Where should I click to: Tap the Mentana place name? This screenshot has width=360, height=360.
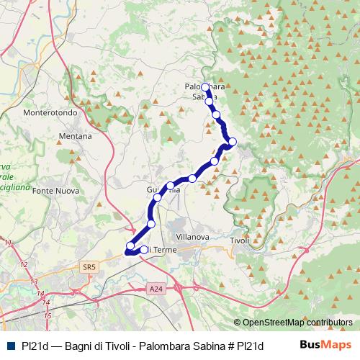[x=76, y=135]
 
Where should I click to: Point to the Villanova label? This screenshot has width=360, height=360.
[x=192, y=235]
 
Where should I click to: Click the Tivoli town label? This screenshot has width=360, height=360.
[x=239, y=240]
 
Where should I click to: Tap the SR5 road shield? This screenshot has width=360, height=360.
[x=89, y=267]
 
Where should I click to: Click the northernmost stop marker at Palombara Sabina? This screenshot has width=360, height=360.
[x=204, y=87]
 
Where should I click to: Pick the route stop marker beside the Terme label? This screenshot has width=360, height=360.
[x=144, y=250]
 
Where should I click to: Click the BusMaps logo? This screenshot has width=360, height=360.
[x=325, y=344]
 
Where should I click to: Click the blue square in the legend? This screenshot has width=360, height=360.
[x=9, y=345]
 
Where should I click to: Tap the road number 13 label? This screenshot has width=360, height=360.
[x=34, y=282]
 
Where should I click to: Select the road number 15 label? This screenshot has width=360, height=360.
[x=47, y=315]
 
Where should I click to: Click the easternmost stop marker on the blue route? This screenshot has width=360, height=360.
[x=232, y=141]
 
